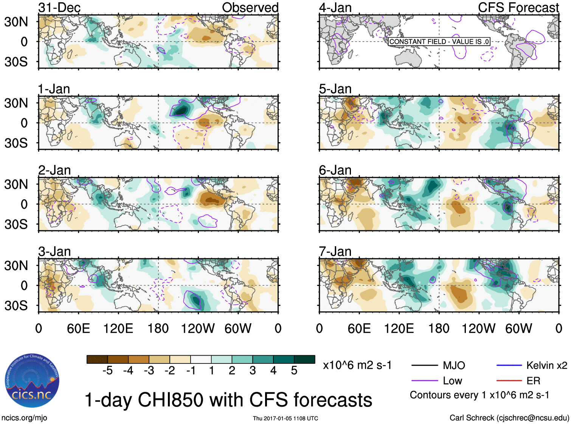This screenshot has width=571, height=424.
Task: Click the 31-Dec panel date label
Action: click(59, 8)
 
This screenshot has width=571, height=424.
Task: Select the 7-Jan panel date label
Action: click(335, 252)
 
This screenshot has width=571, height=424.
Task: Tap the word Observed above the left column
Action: click(250, 8)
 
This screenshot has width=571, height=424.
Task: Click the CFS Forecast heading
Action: click(518, 8)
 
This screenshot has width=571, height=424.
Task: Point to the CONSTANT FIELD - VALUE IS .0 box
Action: click(439, 42)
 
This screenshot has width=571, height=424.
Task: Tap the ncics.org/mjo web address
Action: click(24, 418)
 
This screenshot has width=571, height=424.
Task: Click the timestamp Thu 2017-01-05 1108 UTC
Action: click(285, 418)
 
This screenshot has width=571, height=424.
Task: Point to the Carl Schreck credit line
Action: click(509, 418)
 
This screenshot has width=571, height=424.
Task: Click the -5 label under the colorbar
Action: click(107, 371)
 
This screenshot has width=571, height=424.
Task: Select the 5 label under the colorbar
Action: click(294, 371)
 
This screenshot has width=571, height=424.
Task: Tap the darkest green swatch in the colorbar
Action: click(304, 359)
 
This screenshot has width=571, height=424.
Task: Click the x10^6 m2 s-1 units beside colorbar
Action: click(357, 365)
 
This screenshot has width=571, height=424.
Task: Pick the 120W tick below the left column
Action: click(198, 328)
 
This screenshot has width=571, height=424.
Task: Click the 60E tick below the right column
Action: click(359, 328)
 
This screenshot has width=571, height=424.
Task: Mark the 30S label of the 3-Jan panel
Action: click(16, 306)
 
